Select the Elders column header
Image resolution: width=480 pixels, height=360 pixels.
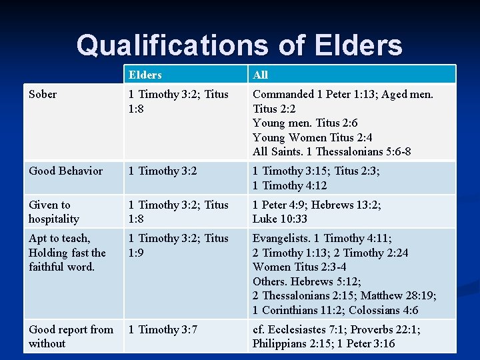pos(145,75)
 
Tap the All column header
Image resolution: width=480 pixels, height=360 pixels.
pos(260,75)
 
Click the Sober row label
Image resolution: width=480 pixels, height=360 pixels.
pos(43,94)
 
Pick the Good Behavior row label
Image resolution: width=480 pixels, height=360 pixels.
pos(65,171)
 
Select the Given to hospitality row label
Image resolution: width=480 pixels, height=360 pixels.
pos(53,212)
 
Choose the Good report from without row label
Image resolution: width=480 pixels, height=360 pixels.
pos(70,337)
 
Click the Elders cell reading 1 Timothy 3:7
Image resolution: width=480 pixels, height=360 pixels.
pos(163,329)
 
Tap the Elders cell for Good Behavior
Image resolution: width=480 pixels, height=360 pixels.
pos(163,171)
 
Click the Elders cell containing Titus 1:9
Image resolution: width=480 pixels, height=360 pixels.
pos(178,245)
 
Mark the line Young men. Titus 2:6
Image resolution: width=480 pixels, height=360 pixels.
pos(305,123)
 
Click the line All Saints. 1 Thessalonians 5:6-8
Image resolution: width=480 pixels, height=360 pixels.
pos(331,151)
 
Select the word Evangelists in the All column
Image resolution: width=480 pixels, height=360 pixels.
pos(280,238)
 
